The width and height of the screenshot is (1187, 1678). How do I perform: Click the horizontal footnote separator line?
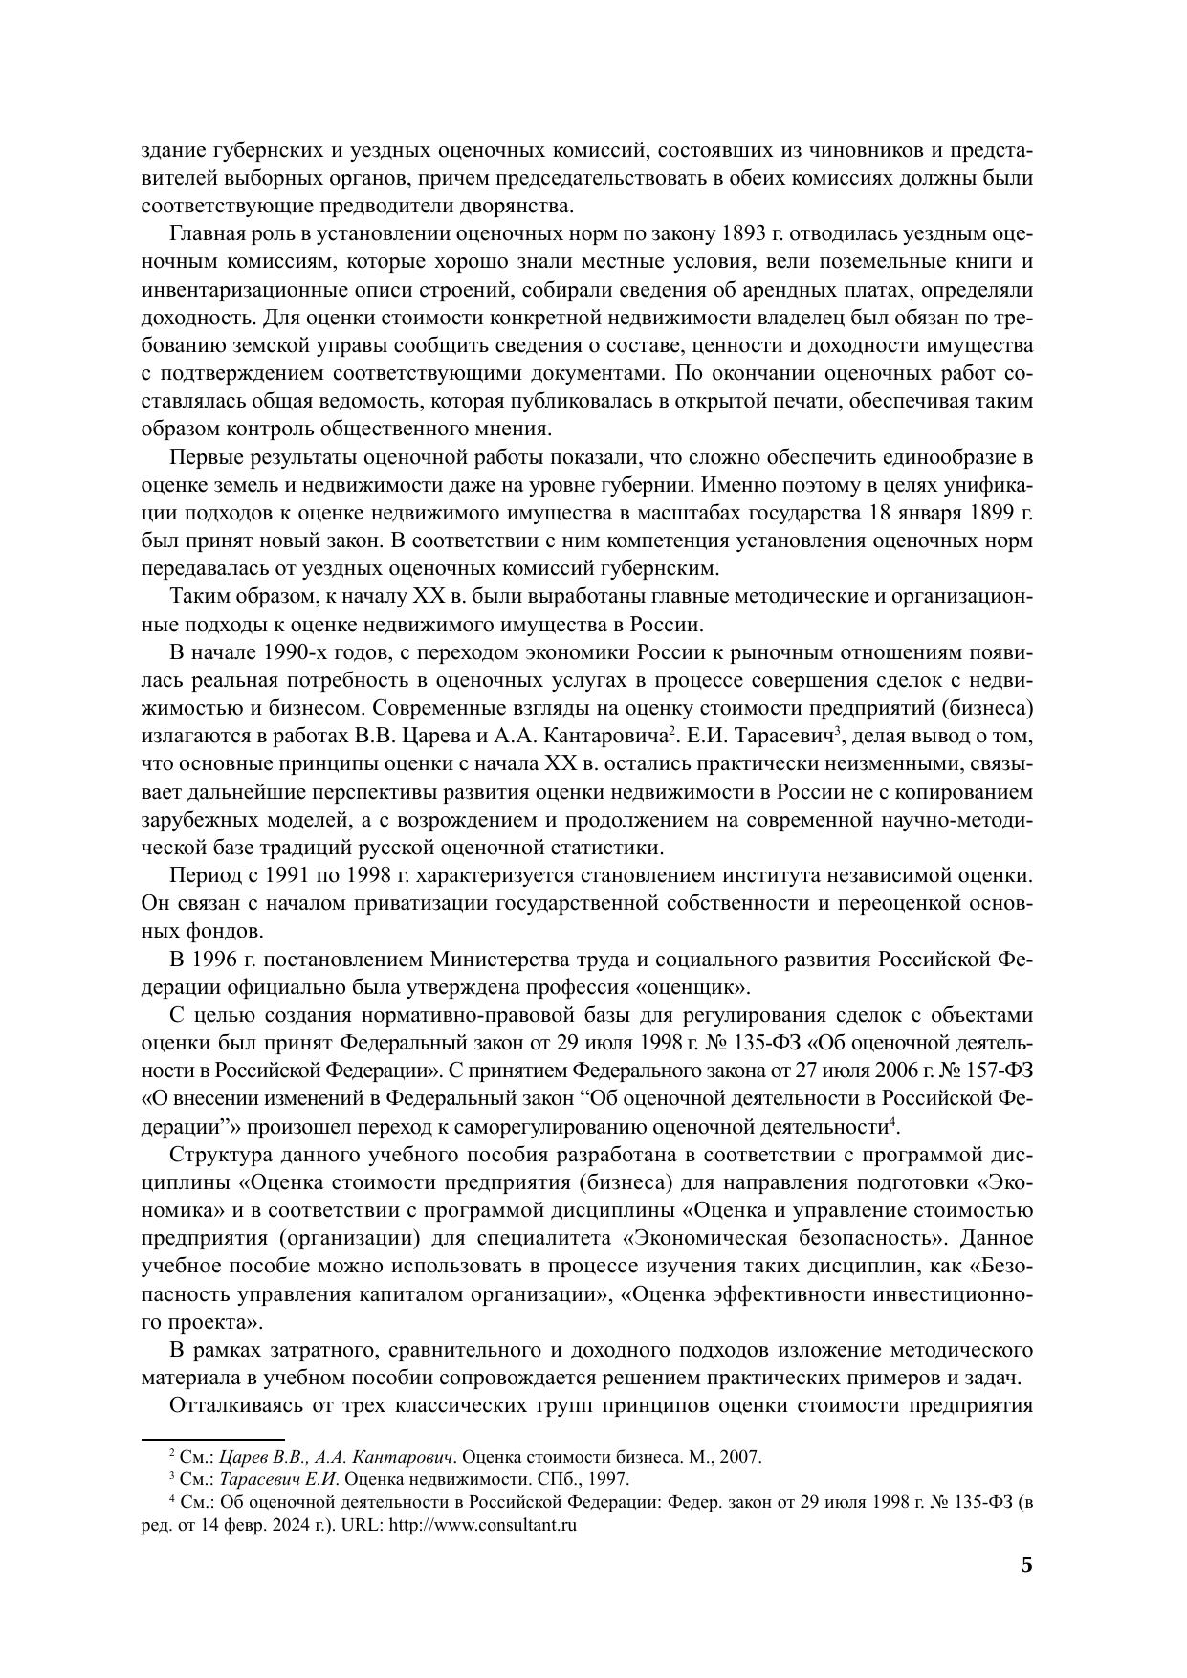point(212,1437)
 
